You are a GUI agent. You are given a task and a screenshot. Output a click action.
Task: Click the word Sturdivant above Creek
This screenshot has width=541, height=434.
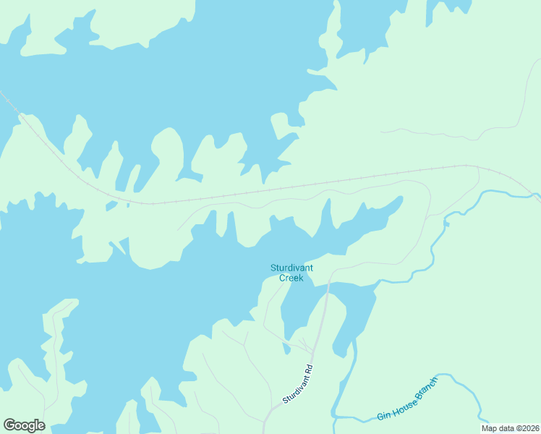tap(291, 268)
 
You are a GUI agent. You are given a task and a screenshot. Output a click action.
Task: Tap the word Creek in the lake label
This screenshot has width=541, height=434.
tap(291, 278)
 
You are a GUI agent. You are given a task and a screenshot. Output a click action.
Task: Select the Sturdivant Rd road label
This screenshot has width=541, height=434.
tap(298, 384)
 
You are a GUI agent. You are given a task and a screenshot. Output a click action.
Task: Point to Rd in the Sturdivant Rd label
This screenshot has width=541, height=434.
tap(308, 368)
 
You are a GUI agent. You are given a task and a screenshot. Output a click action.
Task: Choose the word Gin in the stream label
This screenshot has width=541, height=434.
tap(383, 416)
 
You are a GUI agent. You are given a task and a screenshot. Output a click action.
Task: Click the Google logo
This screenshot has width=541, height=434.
tap(25, 425)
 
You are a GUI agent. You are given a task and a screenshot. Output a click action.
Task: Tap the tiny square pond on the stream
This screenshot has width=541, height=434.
tap(446, 224)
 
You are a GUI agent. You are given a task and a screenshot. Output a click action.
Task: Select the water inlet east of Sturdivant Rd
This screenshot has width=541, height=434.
tap(353, 311)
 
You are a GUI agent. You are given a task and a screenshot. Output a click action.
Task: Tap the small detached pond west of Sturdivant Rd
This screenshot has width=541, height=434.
tap(286, 349)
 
